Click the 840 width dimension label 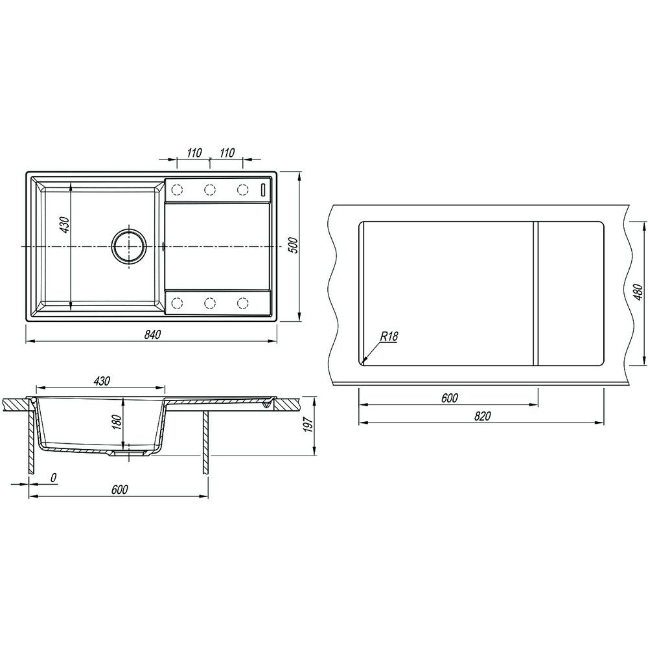click(152, 334)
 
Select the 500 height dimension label click(292, 246)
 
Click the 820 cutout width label click(482, 416)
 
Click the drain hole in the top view click(129, 246)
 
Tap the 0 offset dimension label click(53, 478)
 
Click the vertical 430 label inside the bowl click(65, 225)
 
